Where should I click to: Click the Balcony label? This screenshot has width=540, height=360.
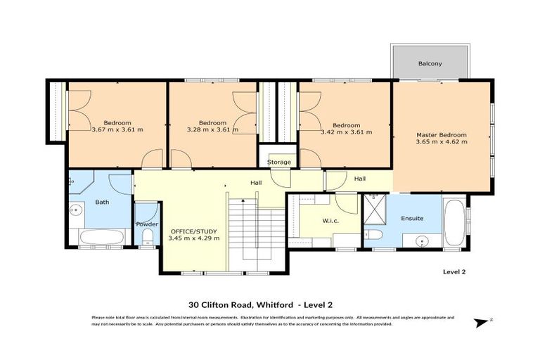click(x=430, y=64)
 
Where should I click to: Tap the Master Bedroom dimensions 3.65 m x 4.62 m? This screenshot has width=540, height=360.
click(x=441, y=141)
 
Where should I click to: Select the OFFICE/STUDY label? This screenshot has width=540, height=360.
click(x=194, y=231)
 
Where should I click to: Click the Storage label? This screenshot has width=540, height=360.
click(x=278, y=162)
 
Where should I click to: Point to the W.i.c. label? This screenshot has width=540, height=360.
click(x=332, y=220)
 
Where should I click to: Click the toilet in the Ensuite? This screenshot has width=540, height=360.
click(x=374, y=235)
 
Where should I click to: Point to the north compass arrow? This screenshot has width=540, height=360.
click(x=482, y=322)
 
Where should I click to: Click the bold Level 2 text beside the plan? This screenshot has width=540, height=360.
click(x=454, y=271)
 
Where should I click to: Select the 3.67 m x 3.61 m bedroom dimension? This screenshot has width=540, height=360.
click(x=117, y=129)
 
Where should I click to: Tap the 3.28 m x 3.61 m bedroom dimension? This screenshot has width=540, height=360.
click(x=212, y=129)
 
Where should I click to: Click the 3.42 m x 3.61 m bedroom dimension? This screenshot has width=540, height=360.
click(x=345, y=131)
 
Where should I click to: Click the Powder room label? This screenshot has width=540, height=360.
click(x=146, y=224)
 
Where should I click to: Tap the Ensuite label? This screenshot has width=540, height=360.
click(x=412, y=218)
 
